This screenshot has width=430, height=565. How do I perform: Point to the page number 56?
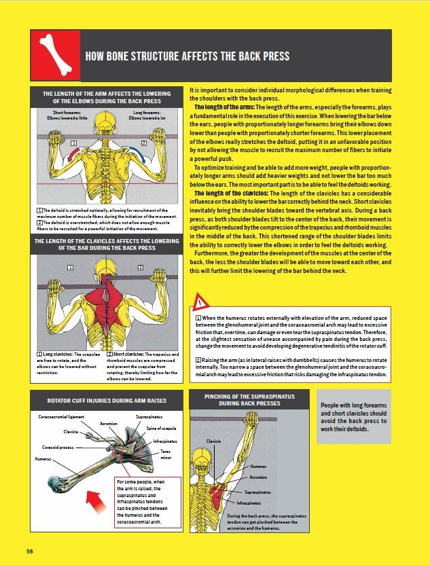click(x=30, y=550)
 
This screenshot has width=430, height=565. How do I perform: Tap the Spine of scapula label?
click(x=162, y=429)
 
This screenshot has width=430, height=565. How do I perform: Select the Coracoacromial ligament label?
click(x=61, y=416)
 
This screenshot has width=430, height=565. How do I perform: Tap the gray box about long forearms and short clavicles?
click(x=353, y=417)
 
